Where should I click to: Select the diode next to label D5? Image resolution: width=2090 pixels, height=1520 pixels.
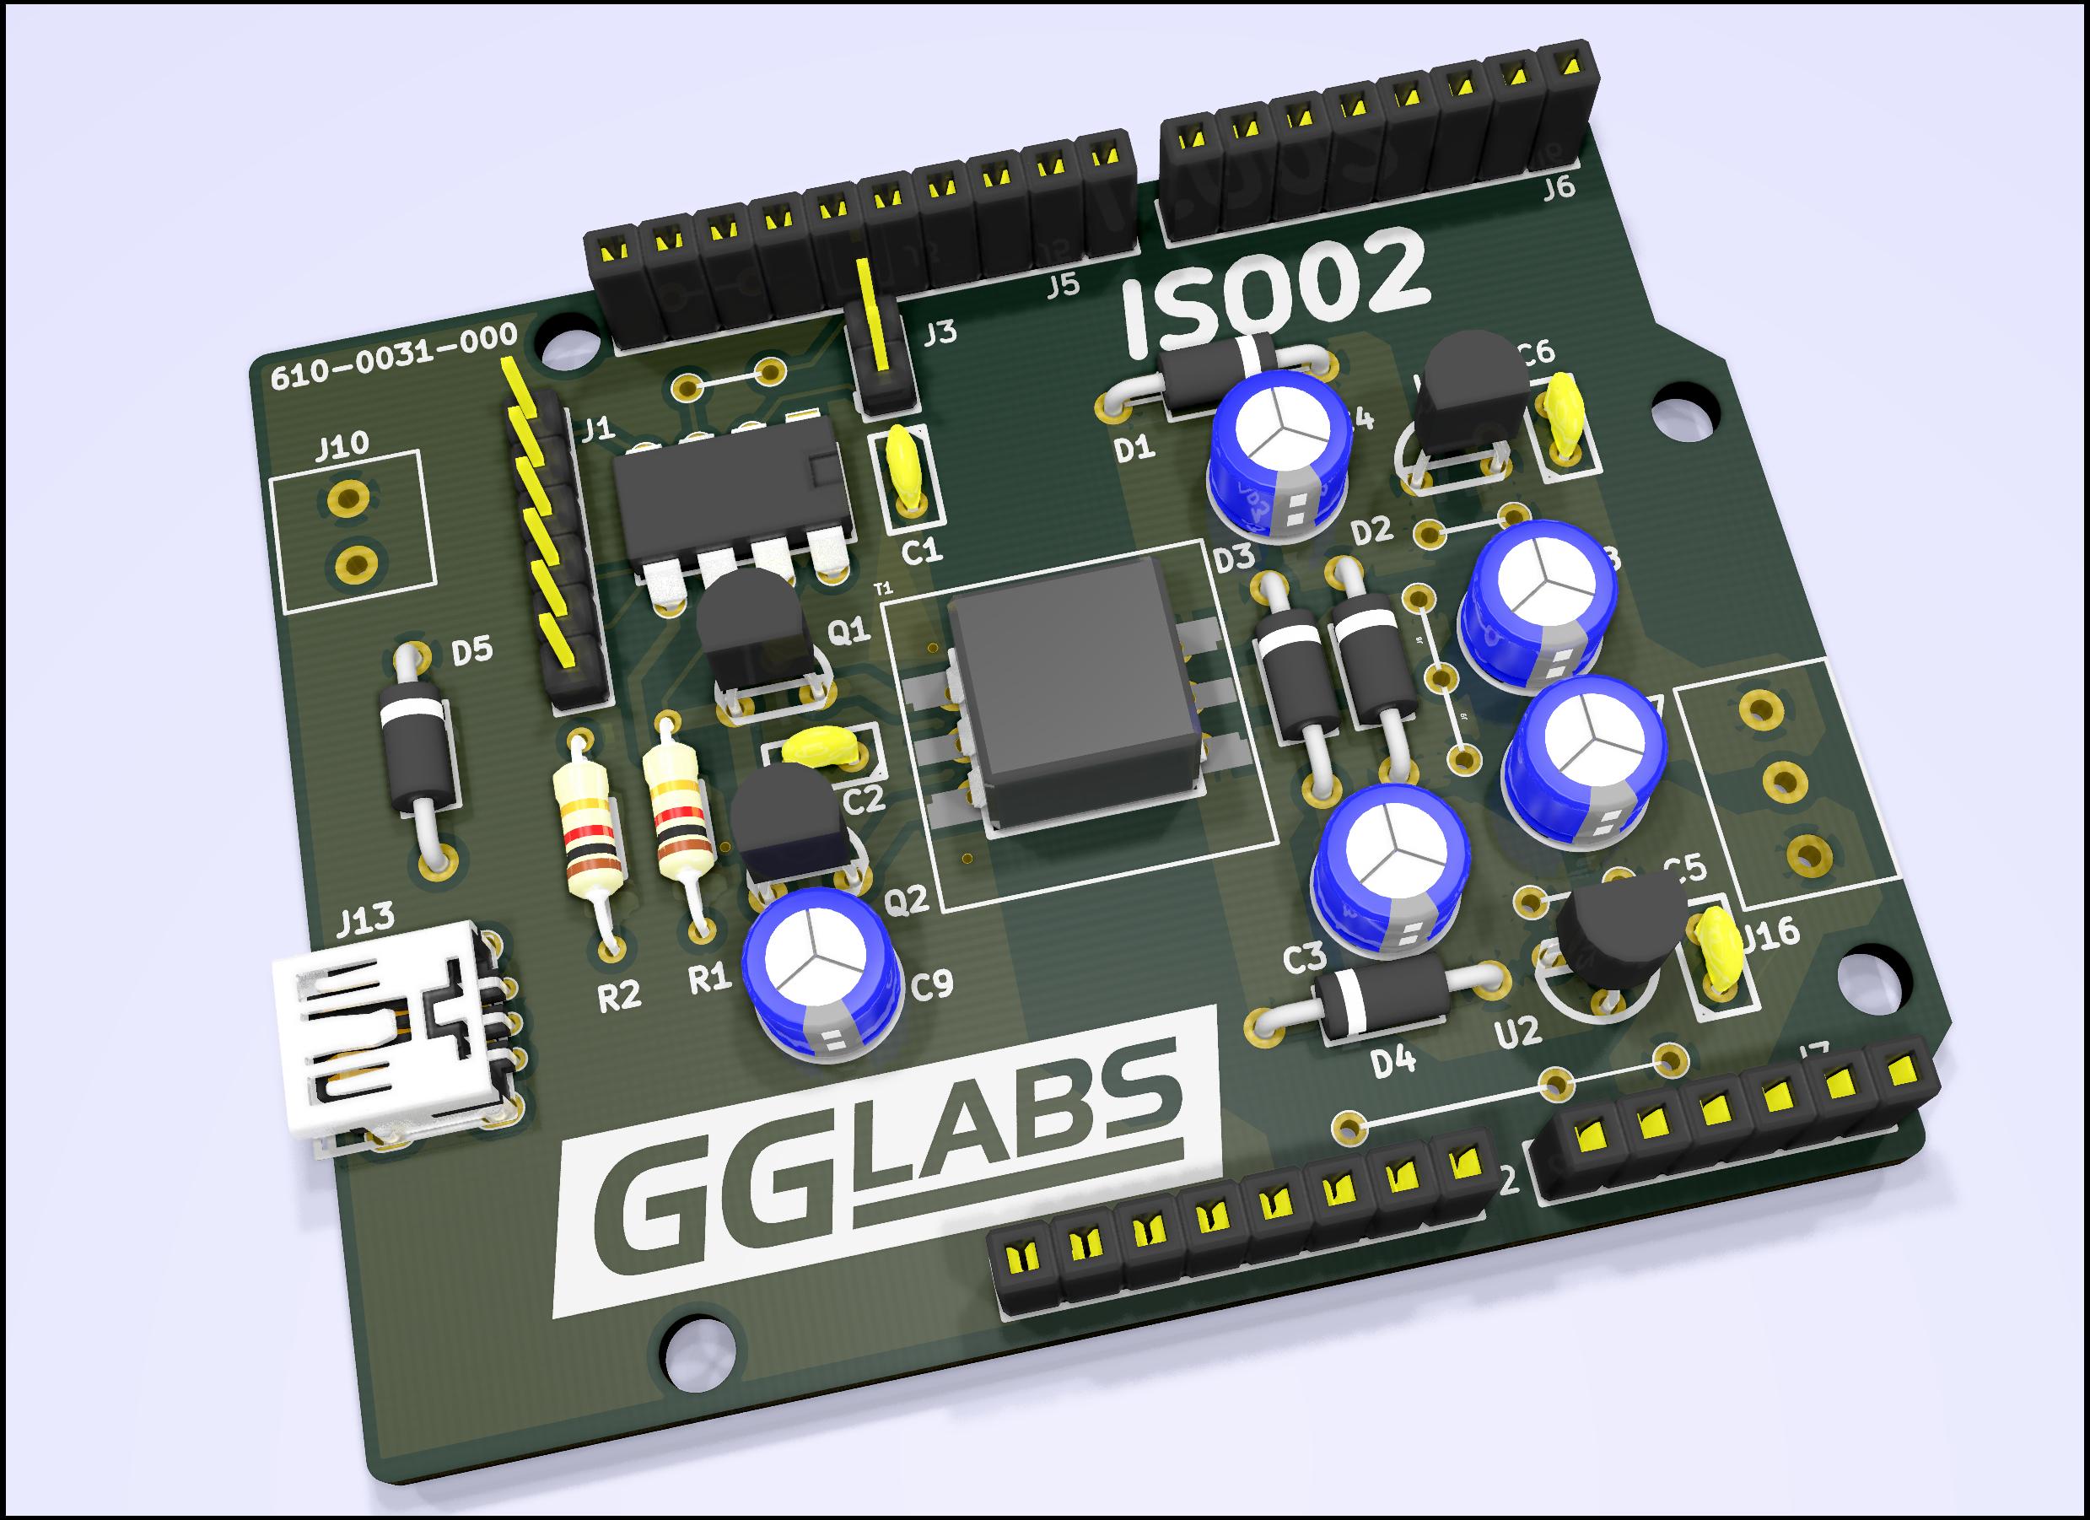coord(419,754)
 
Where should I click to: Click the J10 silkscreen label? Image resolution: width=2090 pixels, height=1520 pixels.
coord(341,447)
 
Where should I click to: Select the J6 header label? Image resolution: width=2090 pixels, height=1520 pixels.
coord(1559,188)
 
